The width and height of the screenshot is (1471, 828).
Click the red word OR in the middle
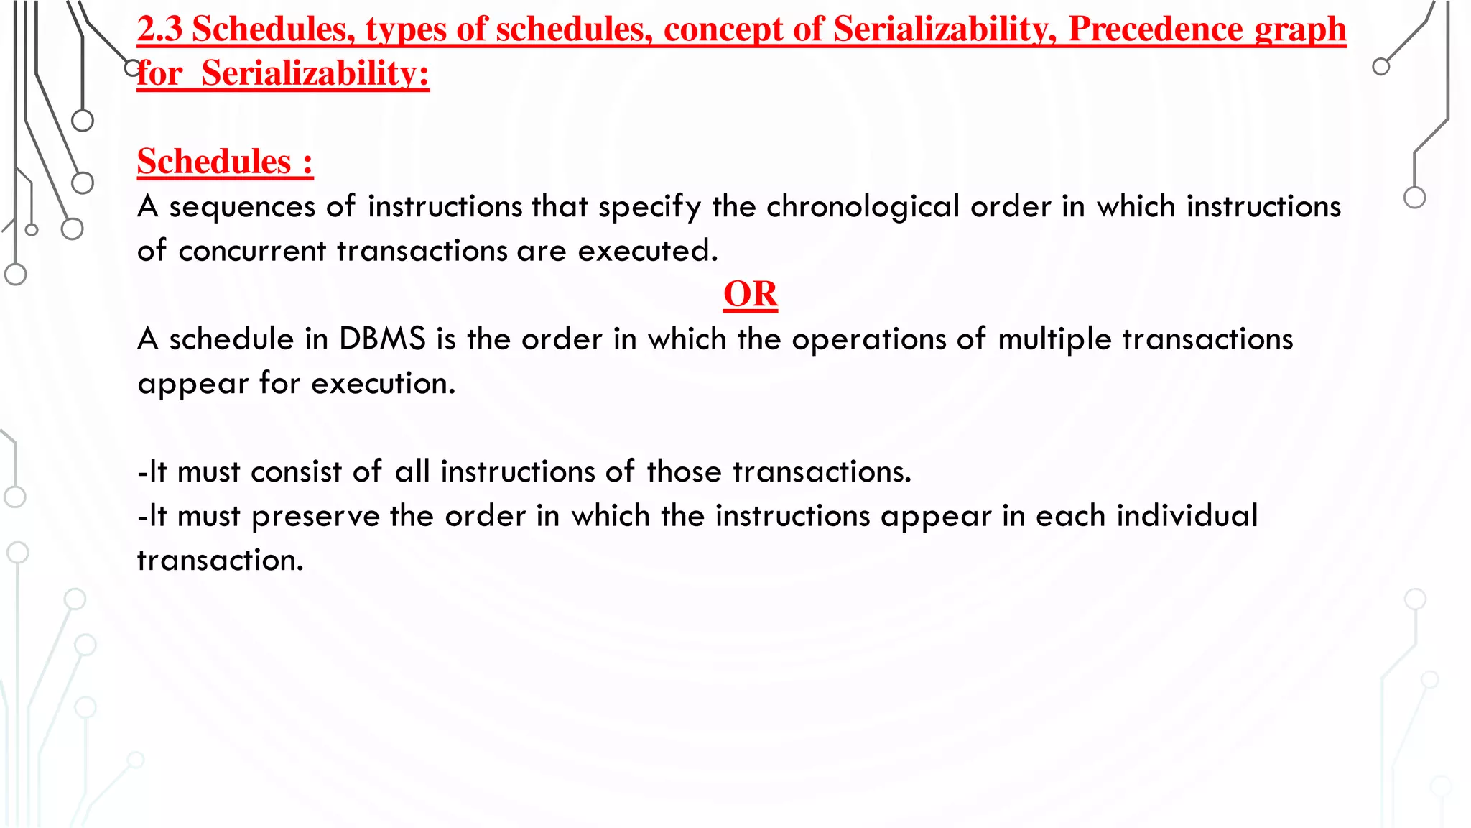pos(750,295)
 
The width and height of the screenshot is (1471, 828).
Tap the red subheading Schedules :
pos(225,162)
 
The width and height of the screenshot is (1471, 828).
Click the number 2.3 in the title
pos(159,29)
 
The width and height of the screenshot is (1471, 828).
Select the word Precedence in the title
pos(1156,29)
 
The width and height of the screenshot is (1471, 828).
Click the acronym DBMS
pos(382,339)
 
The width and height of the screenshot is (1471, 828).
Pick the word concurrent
pos(252,252)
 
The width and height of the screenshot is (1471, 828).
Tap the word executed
pos(647,252)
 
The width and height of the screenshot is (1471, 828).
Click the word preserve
pos(315,517)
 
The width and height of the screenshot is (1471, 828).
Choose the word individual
pos(1187,517)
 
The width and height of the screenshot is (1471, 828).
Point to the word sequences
pos(242,207)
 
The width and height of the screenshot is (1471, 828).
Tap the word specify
pos(649,207)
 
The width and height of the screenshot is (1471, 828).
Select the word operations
pos(868,339)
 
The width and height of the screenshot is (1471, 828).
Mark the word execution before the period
pos(382,384)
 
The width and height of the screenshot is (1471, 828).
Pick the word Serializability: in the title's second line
pos(315,73)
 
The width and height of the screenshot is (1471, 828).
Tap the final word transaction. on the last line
pos(220,561)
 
